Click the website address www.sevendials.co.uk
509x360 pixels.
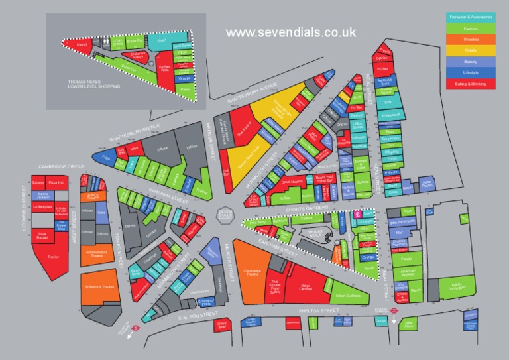290,32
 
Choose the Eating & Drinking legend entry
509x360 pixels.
471,84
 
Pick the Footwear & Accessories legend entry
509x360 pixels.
471,16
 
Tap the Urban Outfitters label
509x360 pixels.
347,295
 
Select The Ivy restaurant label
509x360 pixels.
52,257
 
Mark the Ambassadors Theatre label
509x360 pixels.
97,253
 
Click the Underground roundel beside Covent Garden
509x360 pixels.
393,308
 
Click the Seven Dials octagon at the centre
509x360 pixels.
226,214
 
